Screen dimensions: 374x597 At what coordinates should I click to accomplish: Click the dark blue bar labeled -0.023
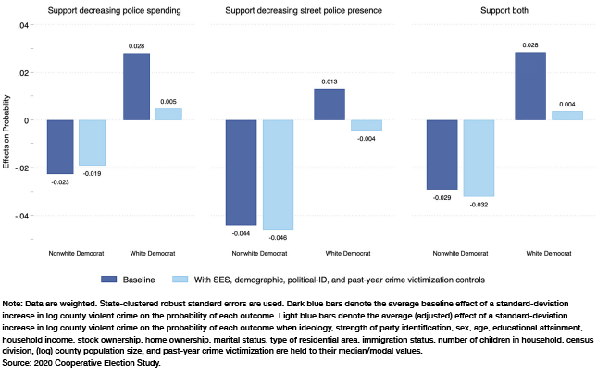pos(61,146)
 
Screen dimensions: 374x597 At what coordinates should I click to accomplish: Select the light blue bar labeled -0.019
pos(93,143)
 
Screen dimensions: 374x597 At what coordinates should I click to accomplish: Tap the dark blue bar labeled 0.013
pos(329,105)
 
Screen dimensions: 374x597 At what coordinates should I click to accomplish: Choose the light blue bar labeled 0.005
pos(168,114)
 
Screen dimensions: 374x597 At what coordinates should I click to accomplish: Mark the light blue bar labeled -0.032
pos(478,158)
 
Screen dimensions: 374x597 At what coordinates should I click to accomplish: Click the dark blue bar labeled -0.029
pos(442,155)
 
